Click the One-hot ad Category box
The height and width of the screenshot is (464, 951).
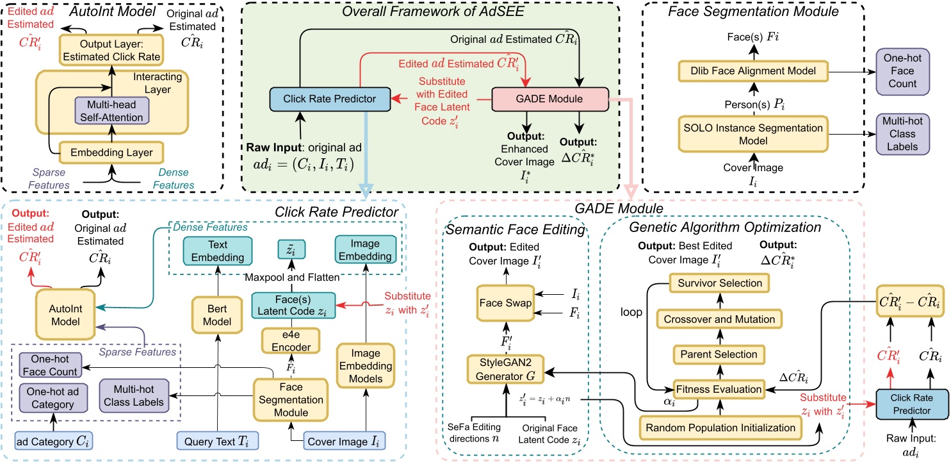(49, 396)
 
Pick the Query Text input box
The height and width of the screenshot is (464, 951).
(216, 442)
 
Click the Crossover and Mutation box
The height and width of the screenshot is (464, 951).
(720, 319)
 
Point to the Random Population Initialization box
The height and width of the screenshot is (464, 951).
(720, 427)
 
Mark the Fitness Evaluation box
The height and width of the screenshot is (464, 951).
(720, 389)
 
